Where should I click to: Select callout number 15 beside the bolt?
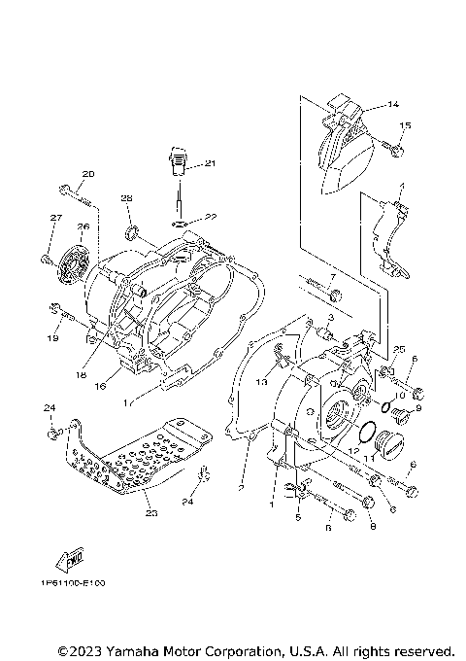[x=405, y=125]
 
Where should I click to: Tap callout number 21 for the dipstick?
[x=210, y=163]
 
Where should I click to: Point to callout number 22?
[x=210, y=217]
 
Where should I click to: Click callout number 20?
[x=87, y=174]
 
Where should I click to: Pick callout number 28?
[x=126, y=198]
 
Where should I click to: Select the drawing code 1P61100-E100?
[x=73, y=582]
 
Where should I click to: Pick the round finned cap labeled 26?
[x=71, y=258]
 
